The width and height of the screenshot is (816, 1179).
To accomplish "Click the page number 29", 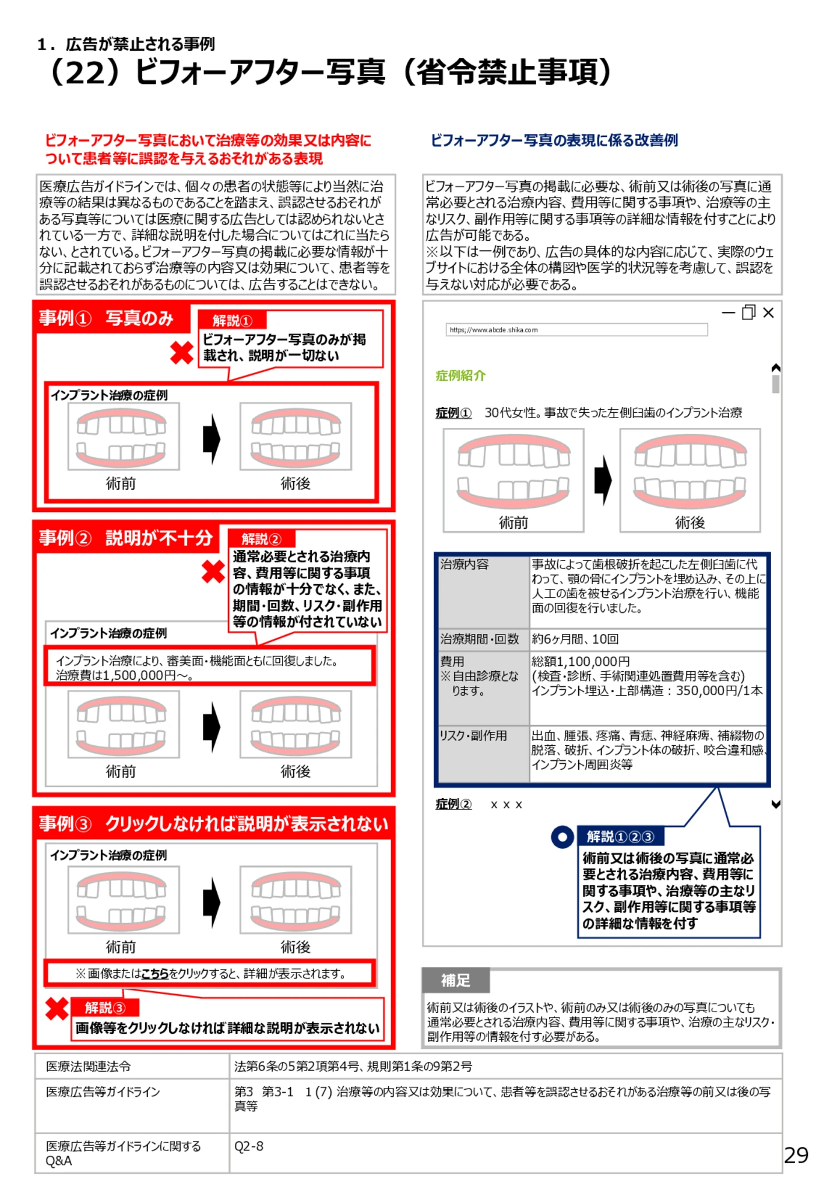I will pyautogui.click(x=796, y=1155).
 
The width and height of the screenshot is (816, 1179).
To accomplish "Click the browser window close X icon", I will pyautogui.click(x=768, y=313).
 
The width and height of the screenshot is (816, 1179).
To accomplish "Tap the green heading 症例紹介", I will pyautogui.click(x=460, y=376).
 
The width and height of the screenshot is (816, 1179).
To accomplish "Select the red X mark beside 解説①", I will pyautogui.click(x=182, y=353).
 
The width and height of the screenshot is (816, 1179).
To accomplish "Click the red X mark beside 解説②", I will pyautogui.click(x=213, y=572).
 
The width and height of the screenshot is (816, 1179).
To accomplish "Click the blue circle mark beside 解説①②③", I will pyautogui.click(x=562, y=837).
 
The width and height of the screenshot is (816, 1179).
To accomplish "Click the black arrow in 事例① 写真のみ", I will pyautogui.click(x=211, y=438).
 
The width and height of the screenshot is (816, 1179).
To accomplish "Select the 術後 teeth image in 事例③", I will pyautogui.click(x=296, y=899).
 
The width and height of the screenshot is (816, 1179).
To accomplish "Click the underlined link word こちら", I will pyautogui.click(x=155, y=973).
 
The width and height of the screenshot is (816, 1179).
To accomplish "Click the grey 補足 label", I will pyautogui.click(x=455, y=980).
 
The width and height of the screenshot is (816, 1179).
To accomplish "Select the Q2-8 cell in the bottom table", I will pyautogui.click(x=249, y=1146).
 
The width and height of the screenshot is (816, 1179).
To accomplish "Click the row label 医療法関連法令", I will pyautogui.click(x=89, y=1066).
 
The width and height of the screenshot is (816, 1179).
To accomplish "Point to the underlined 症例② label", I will pyautogui.click(x=453, y=804).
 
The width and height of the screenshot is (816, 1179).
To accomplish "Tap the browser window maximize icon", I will pyautogui.click(x=748, y=313).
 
